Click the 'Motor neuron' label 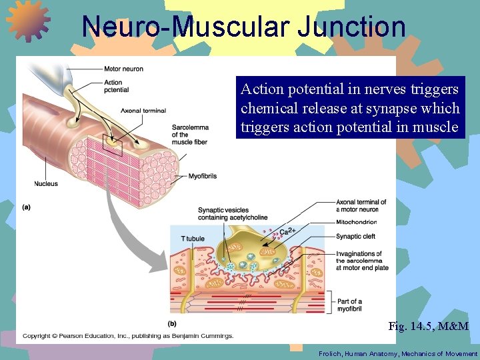[x=123, y=69]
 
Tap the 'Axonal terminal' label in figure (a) [x=143, y=111]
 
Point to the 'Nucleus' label [x=46, y=184]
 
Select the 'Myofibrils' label [x=203, y=177]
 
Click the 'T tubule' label [x=193, y=239]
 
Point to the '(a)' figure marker [x=27, y=207]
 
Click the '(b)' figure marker [x=173, y=323]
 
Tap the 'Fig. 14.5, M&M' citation [x=428, y=327]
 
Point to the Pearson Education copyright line [x=128, y=335]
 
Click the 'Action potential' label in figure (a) [x=117, y=86]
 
